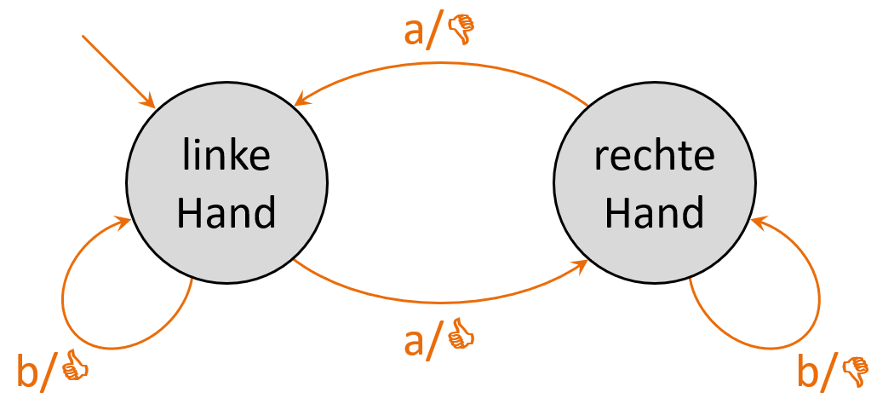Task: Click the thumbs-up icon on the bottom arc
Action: tap(461, 334)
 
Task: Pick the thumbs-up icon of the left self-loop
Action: tap(75, 367)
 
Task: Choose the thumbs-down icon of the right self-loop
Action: tap(855, 370)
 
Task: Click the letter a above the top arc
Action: tap(415, 32)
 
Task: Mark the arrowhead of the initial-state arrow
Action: tap(150, 103)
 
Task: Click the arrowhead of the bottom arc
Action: tap(582, 265)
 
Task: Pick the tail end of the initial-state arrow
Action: tap(83, 37)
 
